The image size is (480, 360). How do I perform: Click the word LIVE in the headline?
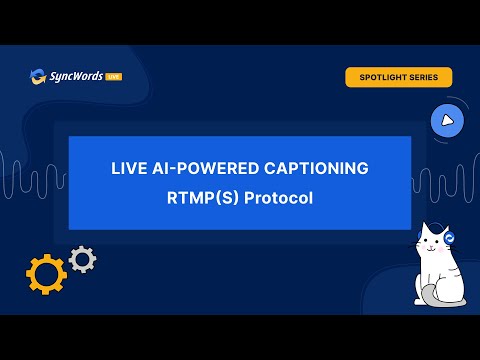[x=128, y=168]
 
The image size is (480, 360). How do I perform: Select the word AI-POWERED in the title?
[x=205, y=168]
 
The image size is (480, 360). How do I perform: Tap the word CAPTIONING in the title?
[x=316, y=168]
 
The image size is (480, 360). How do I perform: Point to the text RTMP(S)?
[x=203, y=198]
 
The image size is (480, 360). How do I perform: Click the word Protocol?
[x=278, y=198]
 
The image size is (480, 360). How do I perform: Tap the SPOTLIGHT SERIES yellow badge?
[x=399, y=77]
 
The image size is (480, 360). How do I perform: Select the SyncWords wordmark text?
[x=76, y=77]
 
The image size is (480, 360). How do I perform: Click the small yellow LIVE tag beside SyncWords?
[x=114, y=77]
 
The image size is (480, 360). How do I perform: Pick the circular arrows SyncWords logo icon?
[x=38, y=77]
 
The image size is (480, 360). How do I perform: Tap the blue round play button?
[x=447, y=121]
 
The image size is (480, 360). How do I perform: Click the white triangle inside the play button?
[x=447, y=121]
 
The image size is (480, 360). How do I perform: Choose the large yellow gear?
[x=46, y=274]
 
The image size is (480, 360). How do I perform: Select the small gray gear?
[x=82, y=259]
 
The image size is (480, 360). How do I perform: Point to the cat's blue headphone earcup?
[x=449, y=238]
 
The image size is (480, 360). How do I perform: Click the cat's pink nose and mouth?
[x=431, y=248]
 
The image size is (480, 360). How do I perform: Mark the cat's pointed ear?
[x=425, y=228]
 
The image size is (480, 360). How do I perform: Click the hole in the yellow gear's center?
[x=46, y=274]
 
